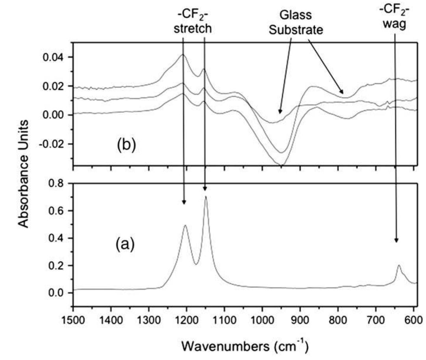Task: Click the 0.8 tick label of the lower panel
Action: coord(58,183)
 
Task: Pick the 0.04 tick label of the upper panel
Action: coord(56,57)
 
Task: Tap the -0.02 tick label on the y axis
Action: coord(54,144)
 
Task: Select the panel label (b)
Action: coord(126,145)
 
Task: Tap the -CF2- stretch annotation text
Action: coord(193,23)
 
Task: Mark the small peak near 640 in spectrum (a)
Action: coord(399,266)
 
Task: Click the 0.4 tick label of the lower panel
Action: coord(58,238)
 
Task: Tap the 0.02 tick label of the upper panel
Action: coord(56,86)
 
